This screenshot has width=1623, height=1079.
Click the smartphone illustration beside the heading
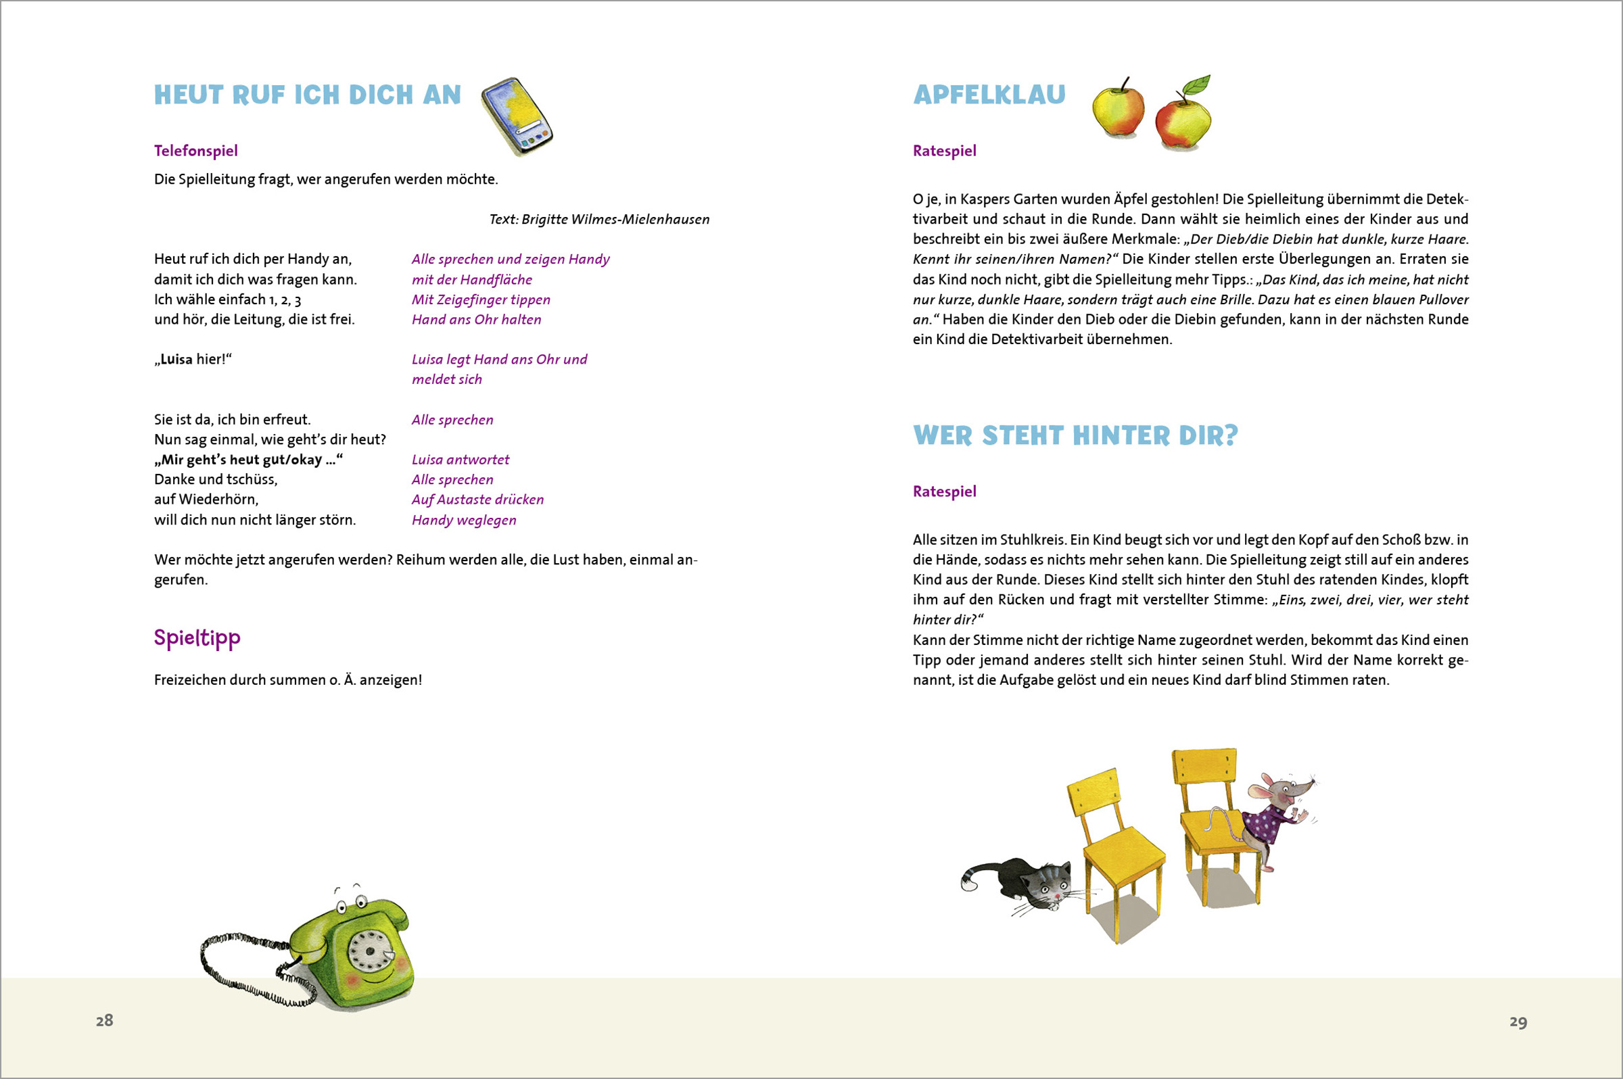[x=517, y=116]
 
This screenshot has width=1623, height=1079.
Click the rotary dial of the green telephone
[x=370, y=951]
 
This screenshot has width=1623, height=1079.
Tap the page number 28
[x=105, y=1020]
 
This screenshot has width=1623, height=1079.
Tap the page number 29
[x=1518, y=1022]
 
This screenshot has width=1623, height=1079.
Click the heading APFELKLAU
[x=989, y=95]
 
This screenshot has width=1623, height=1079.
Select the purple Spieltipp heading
[x=197, y=638]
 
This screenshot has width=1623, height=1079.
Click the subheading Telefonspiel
[x=195, y=151]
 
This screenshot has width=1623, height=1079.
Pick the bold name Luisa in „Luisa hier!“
[x=177, y=359]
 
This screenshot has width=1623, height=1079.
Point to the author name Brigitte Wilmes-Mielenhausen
[x=615, y=220]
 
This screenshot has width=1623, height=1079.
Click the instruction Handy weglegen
[x=464, y=521]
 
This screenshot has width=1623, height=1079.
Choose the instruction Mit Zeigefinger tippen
[x=480, y=299]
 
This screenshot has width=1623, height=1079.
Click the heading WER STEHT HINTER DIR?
[x=1075, y=435]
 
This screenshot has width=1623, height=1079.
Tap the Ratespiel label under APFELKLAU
[x=944, y=151]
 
